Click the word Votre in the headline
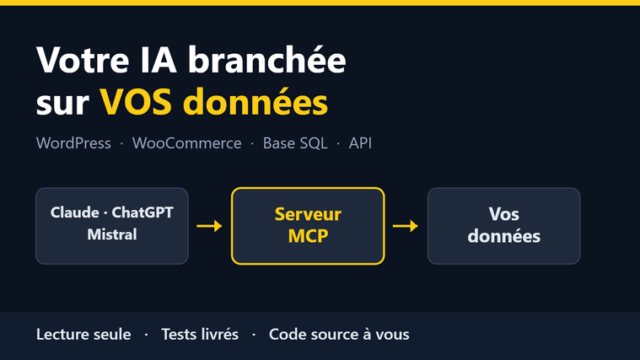coord(83,60)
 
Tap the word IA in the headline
coord(159,60)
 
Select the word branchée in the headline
coord(267,59)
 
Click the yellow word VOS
coord(136,102)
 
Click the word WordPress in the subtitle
coord(73,143)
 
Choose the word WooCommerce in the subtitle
coord(187,143)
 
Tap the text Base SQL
coord(295,143)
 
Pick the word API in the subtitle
coord(360,143)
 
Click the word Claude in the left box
coord(75,212)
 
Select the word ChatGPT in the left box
coord(143,212)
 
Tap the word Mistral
coord(112,234)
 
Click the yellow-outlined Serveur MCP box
coord(308,226)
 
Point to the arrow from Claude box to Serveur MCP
coord(209,226)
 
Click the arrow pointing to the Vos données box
coord(406,226)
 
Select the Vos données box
coord(504,226)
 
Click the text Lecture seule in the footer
coord(83,334)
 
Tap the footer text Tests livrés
coord(200,334)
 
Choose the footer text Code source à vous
coord(339,334)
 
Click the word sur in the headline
coord(62,104)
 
